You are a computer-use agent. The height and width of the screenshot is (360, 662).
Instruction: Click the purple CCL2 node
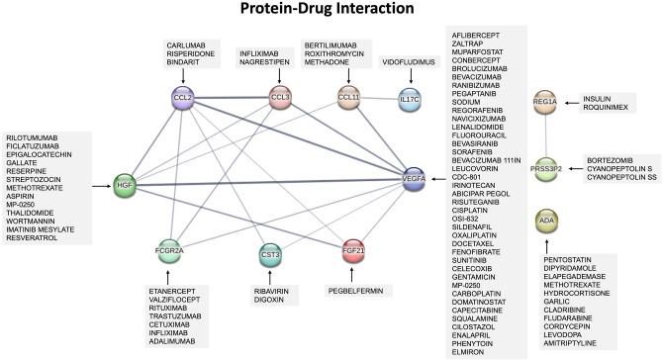pos(181,98)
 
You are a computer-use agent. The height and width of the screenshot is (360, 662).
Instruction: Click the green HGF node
pos(125,184)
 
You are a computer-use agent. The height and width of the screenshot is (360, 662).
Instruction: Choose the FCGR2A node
pos(170,247)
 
